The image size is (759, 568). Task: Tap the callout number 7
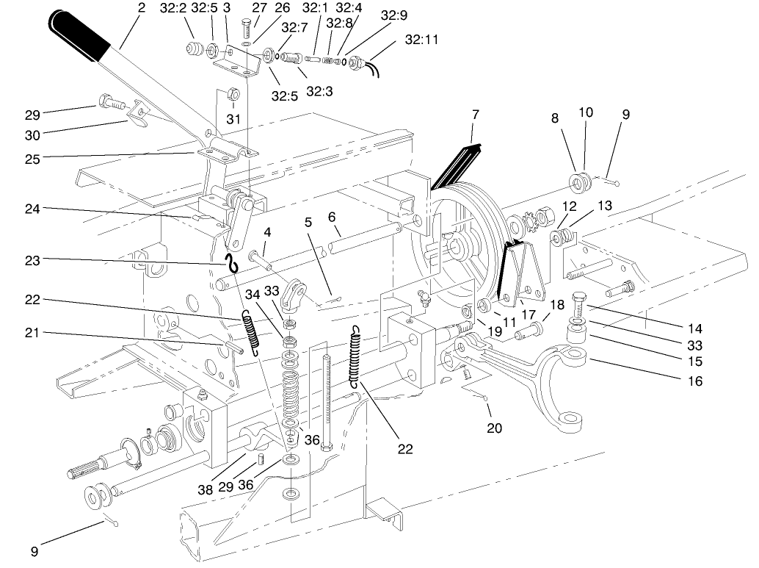[x=476, y=115]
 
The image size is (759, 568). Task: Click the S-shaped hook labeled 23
[x=233, y=261]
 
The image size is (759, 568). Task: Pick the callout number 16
[x=695, y=381]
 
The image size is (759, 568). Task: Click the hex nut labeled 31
[x=232, y=94]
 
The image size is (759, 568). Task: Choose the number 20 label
[x=494, y=428]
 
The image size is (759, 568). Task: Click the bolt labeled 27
[x=247, y=30]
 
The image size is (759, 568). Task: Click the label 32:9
[x=394, y=15]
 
